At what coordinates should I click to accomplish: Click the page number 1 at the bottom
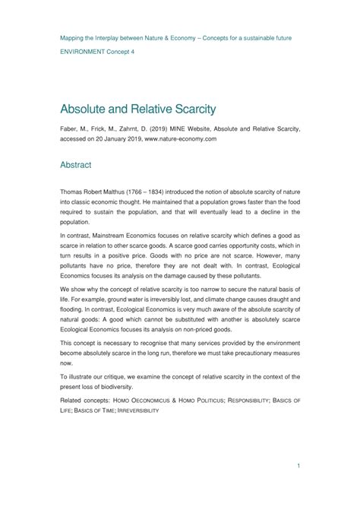[x=299, y=485]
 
